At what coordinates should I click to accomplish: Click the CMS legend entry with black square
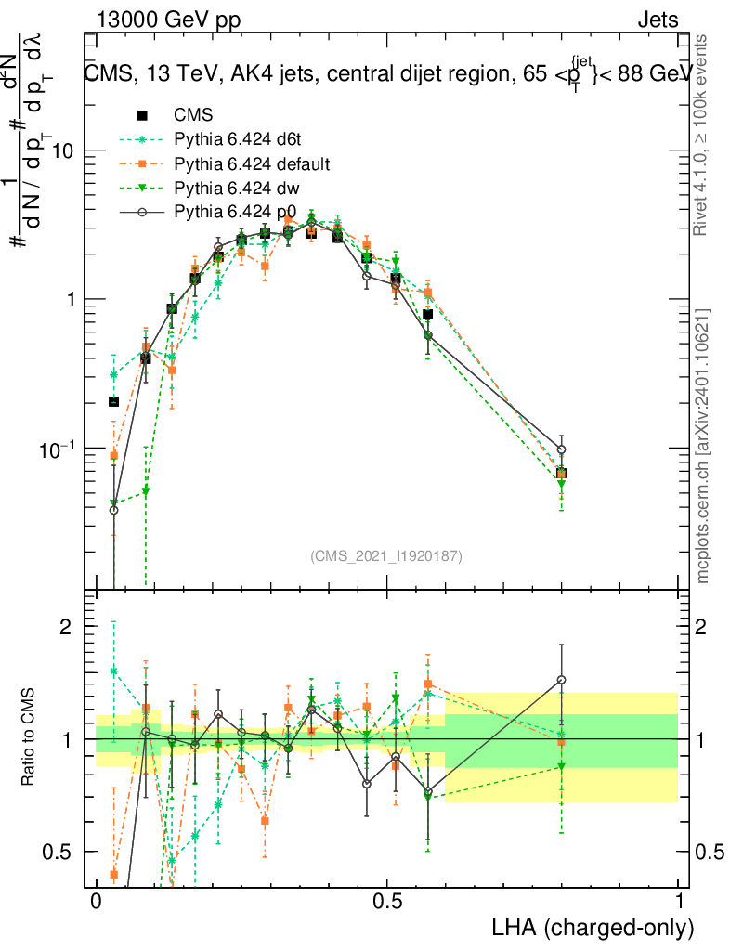pyautogui.click(x=193, y=116)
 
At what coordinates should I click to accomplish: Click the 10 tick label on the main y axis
pyautogui.click(x=63, y=151)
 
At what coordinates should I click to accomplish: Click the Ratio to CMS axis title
pyautogui.click(x=29, y=739)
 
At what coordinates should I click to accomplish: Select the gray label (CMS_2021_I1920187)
pyautogui.click(x=386, y=556)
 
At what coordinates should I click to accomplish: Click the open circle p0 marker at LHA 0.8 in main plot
pyautogui.click(x=561, y=449)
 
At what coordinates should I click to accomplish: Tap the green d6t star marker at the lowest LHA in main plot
pyautogui.click(x=113, y=374)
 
